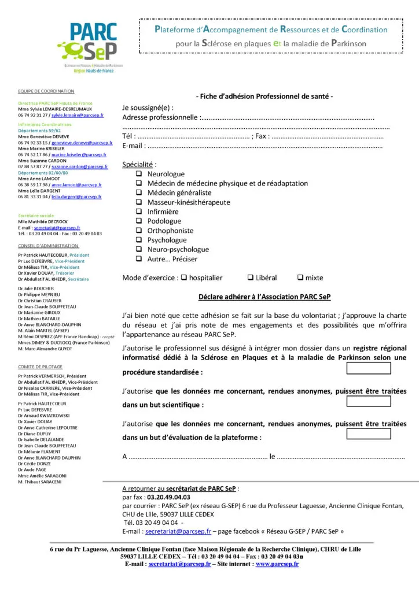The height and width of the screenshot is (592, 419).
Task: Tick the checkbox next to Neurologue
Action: tap(139, 174)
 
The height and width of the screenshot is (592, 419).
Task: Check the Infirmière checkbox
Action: tap(139, 212)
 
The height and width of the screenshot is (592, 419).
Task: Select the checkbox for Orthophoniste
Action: tap(139, 231)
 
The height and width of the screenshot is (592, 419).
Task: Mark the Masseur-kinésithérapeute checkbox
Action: tap(139, 202)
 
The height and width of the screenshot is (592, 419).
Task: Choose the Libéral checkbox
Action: tap(251, 277)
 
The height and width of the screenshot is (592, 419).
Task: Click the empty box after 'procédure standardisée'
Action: tap(368, 368)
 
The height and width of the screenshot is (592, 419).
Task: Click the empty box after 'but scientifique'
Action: tap(368, 401)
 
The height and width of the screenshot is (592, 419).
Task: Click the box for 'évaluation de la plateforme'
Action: tap(368, 434)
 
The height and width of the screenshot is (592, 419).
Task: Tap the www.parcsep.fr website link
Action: tap(277, 564)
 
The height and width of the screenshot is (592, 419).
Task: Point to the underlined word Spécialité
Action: tap(138, 165)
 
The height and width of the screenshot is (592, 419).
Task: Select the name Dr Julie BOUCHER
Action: tap(36, 288)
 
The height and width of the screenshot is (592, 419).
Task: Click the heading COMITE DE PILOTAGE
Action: tap(40, 367)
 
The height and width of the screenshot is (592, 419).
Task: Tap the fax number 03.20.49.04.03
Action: tap(169, 497)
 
